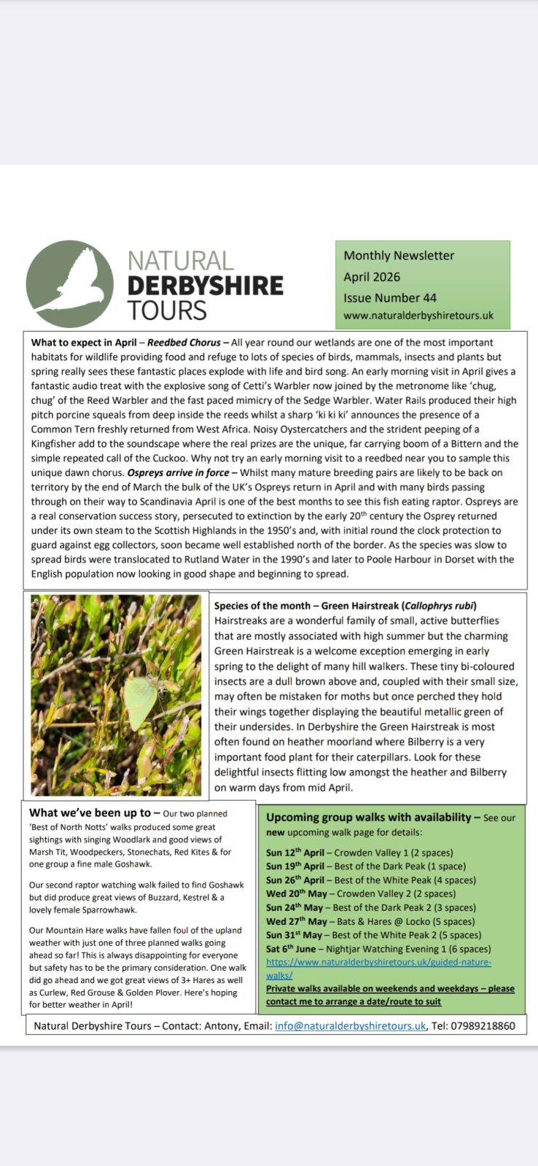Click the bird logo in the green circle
tap(70, 284)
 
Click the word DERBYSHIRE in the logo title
tap(205, 286)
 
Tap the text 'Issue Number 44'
tap(390, 297)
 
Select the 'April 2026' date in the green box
tap(372, 276)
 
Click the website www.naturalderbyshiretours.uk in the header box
tap(418, 316)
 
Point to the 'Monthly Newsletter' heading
tap(399, 255)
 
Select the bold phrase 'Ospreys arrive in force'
tap(178, 473)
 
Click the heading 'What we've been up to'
tap(90, 813)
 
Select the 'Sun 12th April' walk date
tap(295, 853)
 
